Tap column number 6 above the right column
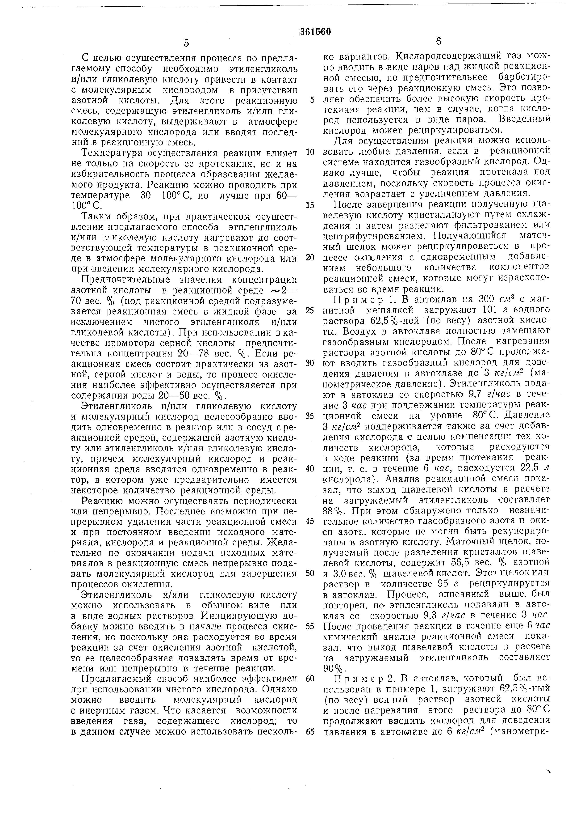pos(438,42)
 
